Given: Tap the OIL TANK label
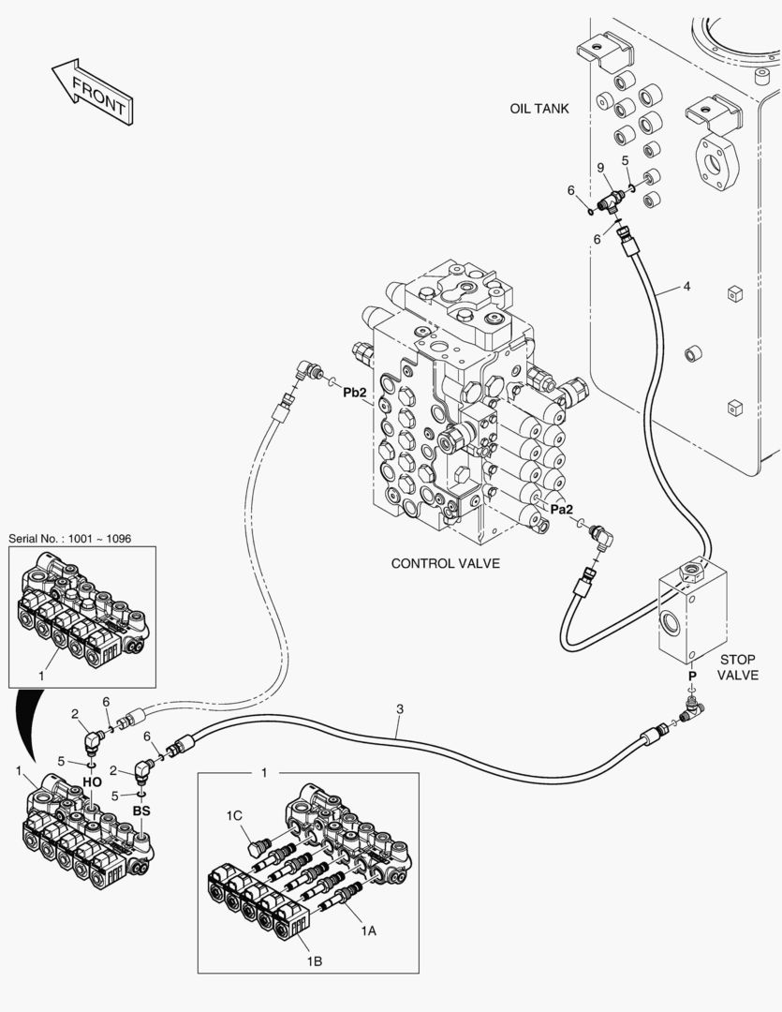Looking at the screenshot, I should [x=539, y=109].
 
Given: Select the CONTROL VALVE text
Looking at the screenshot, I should [x=445, y=563].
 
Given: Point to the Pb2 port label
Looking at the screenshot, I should [x=355, y=394].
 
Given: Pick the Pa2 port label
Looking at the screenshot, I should [x=561, y=509].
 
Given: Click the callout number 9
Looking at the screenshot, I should [x=600, y=168].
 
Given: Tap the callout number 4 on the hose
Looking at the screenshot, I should [x=686, y=286].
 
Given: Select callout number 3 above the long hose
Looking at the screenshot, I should [x=400, y=708].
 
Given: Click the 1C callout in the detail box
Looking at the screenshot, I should [x=236, y=817].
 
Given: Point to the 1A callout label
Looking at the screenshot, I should [x=368, y=930].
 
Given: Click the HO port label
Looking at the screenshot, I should [x=92, y=781].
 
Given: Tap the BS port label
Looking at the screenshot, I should [x=141, y=811].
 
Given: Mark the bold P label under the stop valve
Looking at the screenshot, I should [x=692, y=676].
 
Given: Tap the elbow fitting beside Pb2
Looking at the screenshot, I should [x=306, y=372].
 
